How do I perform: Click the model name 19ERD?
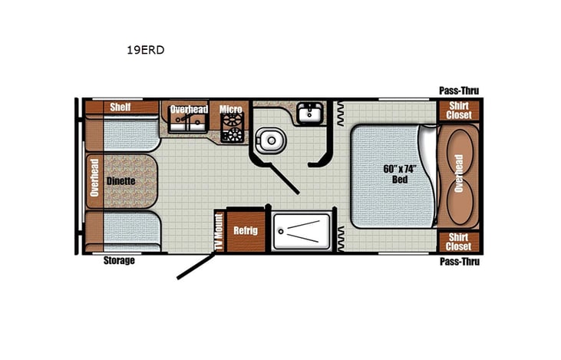[145, 50]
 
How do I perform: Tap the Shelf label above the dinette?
[120, 107]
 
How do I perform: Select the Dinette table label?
[120, 180]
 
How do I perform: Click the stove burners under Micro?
[231, 130]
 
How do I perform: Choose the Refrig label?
[246, 230]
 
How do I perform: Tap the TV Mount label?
[218, 231]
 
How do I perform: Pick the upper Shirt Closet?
[458, 110]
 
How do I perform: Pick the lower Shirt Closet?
[458, 241]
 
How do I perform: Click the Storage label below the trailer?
[119, 261]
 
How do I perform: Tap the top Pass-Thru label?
[458, 91]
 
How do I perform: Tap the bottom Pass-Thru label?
[458, 262]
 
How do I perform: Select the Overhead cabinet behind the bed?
[459, 175]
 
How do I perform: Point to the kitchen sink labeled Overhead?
[188, 119]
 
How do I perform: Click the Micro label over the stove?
[231, 109]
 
